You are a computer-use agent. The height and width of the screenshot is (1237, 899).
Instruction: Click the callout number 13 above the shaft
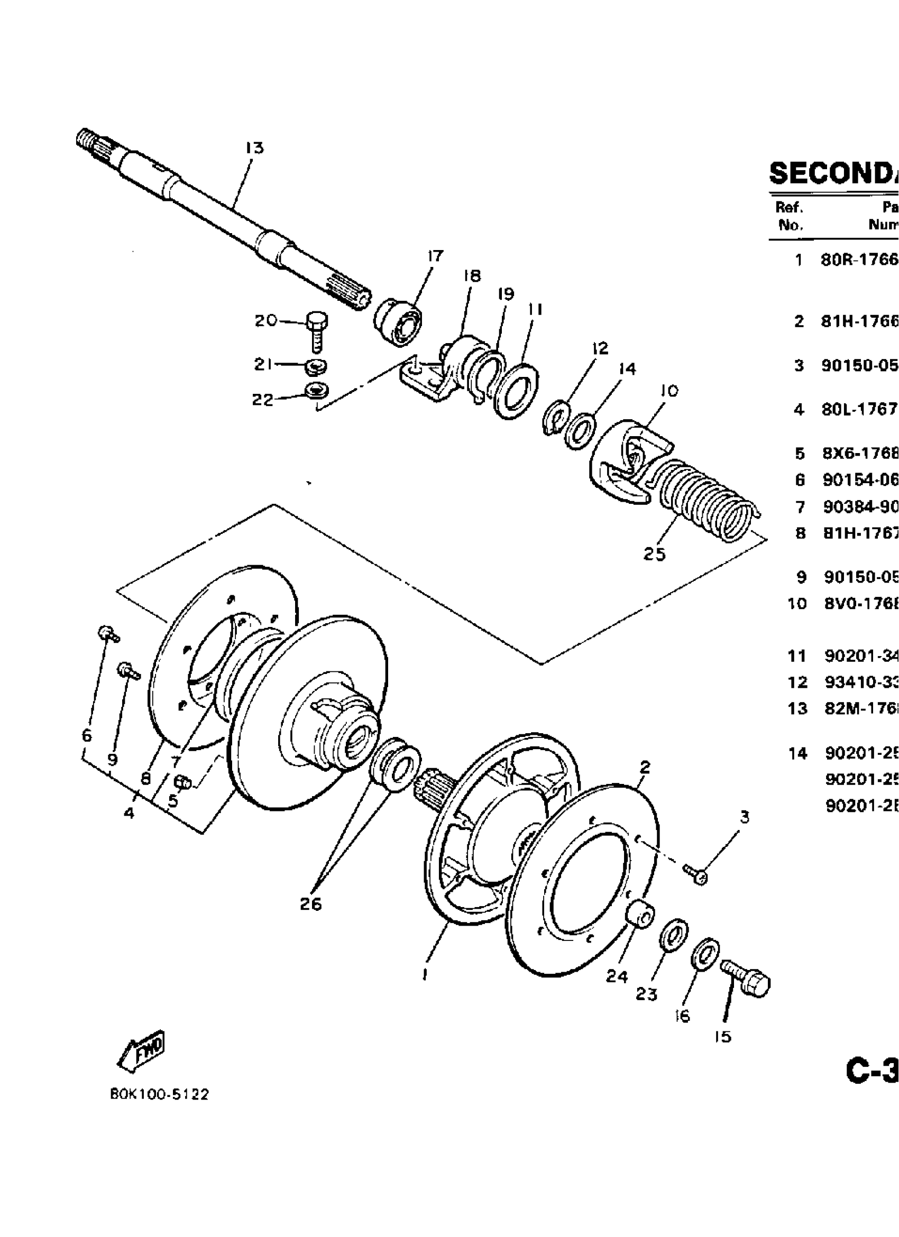[x=254, y=148]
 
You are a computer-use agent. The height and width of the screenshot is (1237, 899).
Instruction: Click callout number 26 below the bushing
[x=311, y=904]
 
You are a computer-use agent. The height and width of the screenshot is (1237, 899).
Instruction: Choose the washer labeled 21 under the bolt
[x=316, y=366]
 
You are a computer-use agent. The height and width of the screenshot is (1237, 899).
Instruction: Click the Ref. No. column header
[x=788, y=216]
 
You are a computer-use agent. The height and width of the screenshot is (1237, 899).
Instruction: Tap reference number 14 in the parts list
[x=797, y=754]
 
